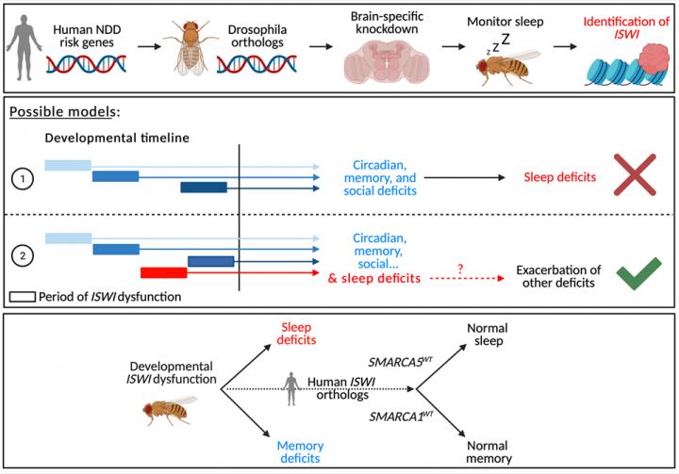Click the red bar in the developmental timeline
163,273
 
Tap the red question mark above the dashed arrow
459,269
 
